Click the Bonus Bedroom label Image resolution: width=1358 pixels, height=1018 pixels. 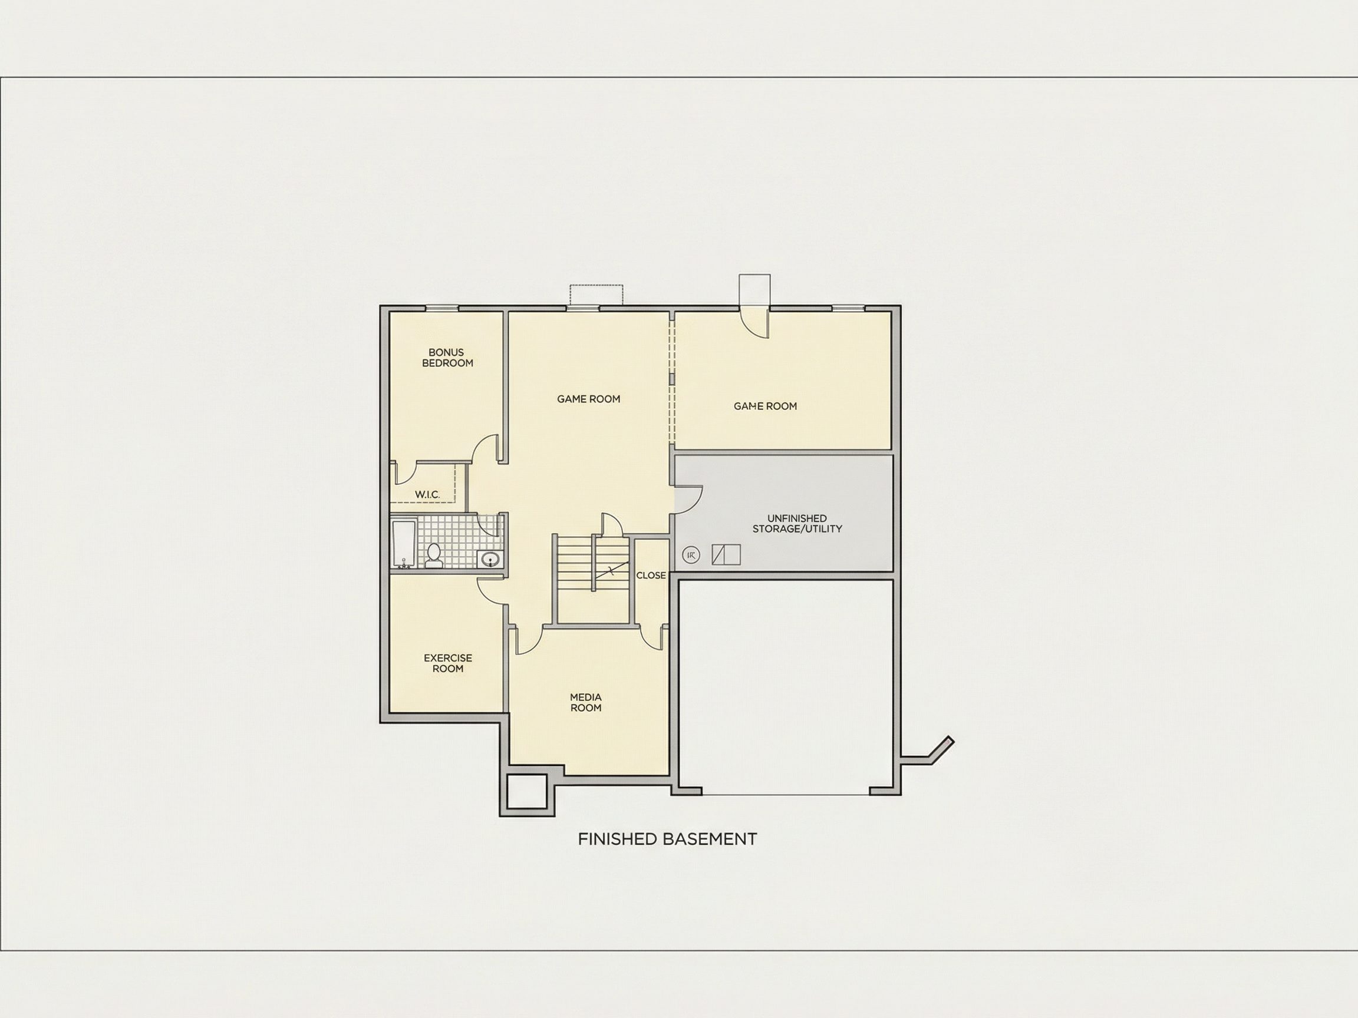[x=447, y=358]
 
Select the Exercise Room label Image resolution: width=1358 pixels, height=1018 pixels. [x=448, y=663]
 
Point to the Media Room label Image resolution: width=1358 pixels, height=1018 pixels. [x=586, y=703]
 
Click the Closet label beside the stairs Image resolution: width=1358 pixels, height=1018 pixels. [x=651, y=576]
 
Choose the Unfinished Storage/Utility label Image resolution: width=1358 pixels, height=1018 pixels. [x=797, y=523]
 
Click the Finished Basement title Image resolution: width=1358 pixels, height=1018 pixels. [x=667, y=839]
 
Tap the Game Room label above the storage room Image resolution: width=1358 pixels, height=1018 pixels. [x=766, y=406]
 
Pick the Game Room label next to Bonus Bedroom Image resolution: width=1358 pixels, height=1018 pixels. [x=589, y=399]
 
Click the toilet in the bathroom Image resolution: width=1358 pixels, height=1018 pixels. [x=434, y=555]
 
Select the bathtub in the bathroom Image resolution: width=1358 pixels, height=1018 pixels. [x=404, y=544]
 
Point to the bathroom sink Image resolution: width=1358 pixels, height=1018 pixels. [x=490, y=559]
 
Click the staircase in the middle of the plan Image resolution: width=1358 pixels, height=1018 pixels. [x=592, y=563]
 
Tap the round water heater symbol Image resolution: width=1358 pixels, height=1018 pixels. [x=691, y=556]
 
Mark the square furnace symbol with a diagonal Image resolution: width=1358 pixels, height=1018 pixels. [x=726, y=555]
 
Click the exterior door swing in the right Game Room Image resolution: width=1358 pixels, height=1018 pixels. [x=754, y=322]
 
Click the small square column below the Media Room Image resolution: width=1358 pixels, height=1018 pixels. [x=527, y=792]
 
